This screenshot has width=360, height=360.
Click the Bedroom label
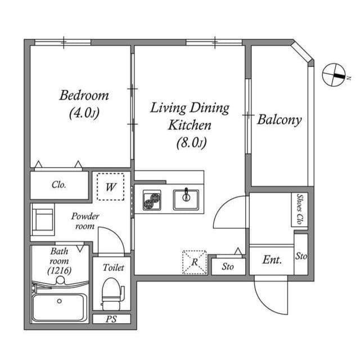click(84, 94)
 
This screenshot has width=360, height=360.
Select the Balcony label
click(279, 119)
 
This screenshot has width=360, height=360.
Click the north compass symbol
click(334, 74)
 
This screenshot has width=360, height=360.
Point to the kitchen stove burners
click(152, 200)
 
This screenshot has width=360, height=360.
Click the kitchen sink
click(186, 199)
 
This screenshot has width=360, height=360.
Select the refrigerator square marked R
click(194, 262)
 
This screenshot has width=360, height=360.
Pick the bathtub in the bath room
click(59, 307)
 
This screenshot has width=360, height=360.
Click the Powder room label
click(85, 220)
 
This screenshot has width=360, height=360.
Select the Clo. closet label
click(59, 184)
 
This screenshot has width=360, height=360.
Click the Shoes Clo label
click(300, 210)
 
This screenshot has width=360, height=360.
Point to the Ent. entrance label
click(272, 260)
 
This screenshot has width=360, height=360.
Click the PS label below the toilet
click(111, 319)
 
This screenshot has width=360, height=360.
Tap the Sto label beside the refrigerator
click(227, 266)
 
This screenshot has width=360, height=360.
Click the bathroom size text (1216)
click(58, 271)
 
